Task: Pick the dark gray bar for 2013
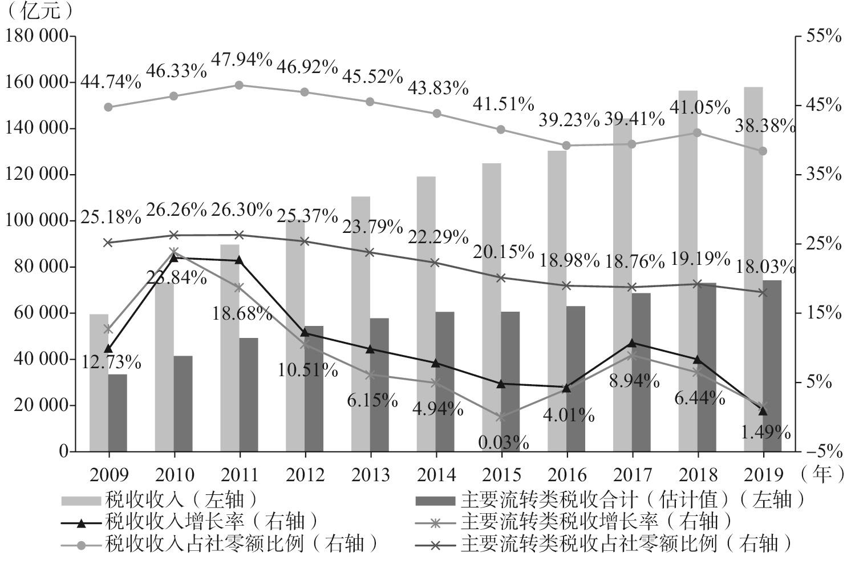(379, 384)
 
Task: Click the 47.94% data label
(241, 59)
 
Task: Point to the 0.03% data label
(504, 442)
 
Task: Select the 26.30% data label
(241, 210)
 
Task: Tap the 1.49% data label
(765, 432)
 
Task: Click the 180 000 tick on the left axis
(37, 37)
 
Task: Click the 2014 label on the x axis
(436, 474)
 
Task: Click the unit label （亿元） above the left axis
(39, 10)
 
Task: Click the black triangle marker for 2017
(631, 343)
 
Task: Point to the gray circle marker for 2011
(239, 85)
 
